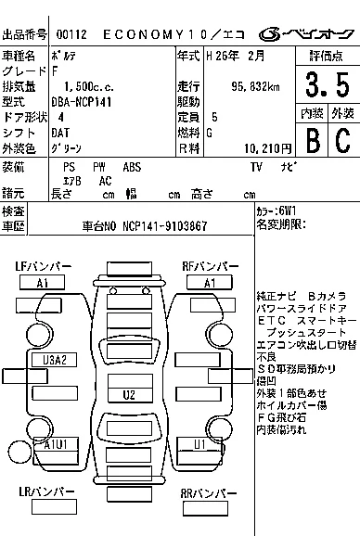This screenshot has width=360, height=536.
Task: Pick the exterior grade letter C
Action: tap(342, 140)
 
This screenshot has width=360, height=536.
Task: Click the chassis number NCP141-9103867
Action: tap(164, 226)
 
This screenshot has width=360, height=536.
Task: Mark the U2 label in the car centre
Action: tap(129, 395)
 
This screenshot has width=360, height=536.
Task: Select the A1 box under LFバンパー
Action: tap(43, 282)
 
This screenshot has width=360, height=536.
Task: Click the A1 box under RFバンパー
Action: tap(210, 282)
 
